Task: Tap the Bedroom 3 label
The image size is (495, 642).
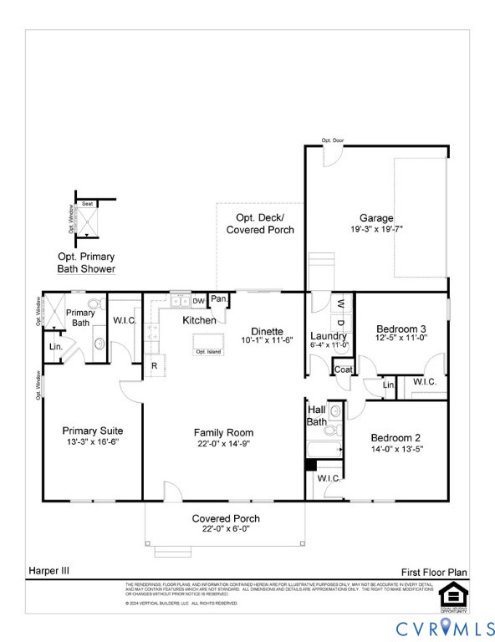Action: [x=401, y=329]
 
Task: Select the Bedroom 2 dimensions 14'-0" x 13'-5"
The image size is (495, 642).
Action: [x=395, y=449]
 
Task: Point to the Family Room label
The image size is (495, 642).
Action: [x=223, y=432]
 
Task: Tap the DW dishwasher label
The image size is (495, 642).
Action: [x=199, y=301]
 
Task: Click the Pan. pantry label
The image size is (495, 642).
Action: [x=219, y=299]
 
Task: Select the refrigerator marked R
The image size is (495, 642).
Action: [x=155, y=365]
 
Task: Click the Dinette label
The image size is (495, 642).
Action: [x=267, y=331]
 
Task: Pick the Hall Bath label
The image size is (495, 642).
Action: [x=317, y=416]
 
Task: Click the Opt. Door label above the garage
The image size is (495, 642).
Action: [x=332, y=140]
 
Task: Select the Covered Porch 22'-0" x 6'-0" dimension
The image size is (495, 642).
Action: [x=221, y=528]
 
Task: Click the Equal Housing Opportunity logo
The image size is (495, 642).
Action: [x=453, y=596]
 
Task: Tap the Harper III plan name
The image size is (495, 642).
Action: [x=50, y=570]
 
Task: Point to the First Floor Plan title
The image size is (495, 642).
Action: [x=435, y=572]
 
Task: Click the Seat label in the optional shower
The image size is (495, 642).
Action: [x=87, y=204]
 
